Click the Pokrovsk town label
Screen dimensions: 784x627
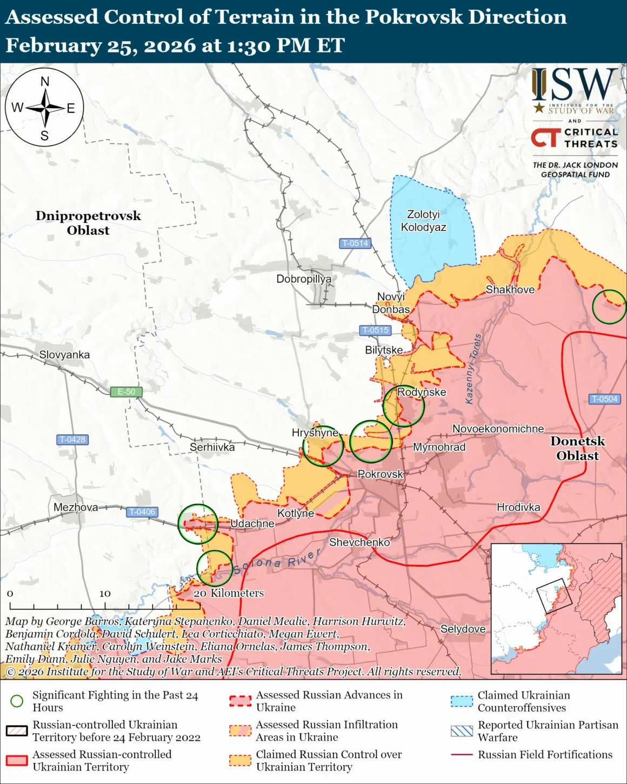(x=380, y=474)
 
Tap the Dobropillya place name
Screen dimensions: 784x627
(x=304, y=279)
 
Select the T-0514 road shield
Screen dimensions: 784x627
(x=355, y=243)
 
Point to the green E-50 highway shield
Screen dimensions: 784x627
(x=126, y=391)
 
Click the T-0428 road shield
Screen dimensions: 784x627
(x=72, y=440)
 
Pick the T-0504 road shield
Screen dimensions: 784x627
(x=604, y=399)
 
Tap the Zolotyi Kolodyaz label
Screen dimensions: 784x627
(x=424, y=221)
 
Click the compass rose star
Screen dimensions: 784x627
(x=45, y=108)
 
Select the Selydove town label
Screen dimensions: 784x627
(x=463, y=629)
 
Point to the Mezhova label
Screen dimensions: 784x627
(x=76, y=507)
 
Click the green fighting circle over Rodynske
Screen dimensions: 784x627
(x=403, y=406)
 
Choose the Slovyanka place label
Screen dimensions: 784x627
(x=64, y=355)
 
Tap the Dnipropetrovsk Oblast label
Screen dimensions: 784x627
(x=88, y=223)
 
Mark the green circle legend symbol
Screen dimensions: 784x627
(x=17, y=701)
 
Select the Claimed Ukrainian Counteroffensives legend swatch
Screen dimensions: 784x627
(x=462, y=701)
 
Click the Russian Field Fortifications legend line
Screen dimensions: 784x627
(x=462, y=755)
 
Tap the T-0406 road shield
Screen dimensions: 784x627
(x=142, y=511)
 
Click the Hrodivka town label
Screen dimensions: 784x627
(x=518, y=507)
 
